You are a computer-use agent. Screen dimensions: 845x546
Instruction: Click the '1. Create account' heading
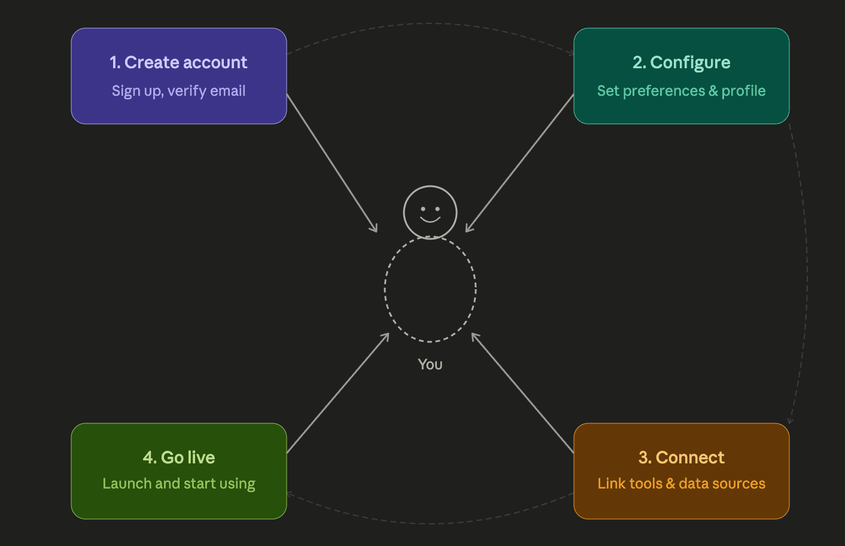pos(178,63)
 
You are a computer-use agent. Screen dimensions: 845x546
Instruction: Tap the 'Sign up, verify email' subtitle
pos(178,91)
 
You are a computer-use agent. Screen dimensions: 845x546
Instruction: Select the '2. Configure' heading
pos(681,63)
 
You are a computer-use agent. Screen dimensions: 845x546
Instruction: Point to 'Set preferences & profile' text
pos(681,91)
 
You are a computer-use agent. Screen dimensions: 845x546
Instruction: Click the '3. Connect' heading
pos(681,457)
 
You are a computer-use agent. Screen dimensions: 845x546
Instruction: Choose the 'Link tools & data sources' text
pos(681,483)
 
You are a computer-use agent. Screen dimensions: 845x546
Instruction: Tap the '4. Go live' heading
pos(179,457)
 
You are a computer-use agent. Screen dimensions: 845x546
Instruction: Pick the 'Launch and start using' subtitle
pos(179,484)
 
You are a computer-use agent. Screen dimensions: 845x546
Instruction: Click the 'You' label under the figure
pos(430,365)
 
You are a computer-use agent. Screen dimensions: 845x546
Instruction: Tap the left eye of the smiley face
pos(423,209)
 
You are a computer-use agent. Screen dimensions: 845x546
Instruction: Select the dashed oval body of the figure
pos(385,289)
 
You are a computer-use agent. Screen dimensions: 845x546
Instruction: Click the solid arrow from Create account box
pos(332,163)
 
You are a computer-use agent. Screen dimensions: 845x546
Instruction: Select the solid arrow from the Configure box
pos(519,163)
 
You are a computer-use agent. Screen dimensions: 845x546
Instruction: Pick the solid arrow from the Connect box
pos(522,392)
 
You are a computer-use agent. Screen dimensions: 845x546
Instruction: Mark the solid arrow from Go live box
pos(338,392)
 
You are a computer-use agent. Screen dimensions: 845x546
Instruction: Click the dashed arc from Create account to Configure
pos(430,23)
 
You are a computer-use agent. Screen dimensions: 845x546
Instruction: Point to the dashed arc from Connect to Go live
pos(430,524)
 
